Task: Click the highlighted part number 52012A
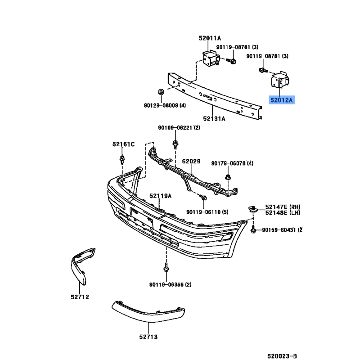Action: (x=282, y=100)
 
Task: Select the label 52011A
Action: (x=210, y=38)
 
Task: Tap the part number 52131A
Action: (x=214, y=118)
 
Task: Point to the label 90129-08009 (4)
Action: (x=165, y=105)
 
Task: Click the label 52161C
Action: (x=123, y=144)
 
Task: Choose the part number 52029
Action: (x=191, y=162)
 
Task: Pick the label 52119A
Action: (x=161, y=196)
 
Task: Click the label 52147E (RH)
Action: (x=283, y=207)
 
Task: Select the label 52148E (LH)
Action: (x=283, y=213)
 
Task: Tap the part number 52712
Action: (x=80, y=297)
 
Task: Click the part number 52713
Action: (x=148, y=337)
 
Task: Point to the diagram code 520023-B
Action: (x=282, y=356)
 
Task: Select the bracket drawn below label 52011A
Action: (x=211, y=58)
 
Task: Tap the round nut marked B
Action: (x=161, y=92)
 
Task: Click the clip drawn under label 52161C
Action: (x=122, y=159)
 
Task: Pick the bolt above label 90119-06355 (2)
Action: (x=166, y=268)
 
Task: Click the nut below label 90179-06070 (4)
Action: (x=228, y=177)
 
